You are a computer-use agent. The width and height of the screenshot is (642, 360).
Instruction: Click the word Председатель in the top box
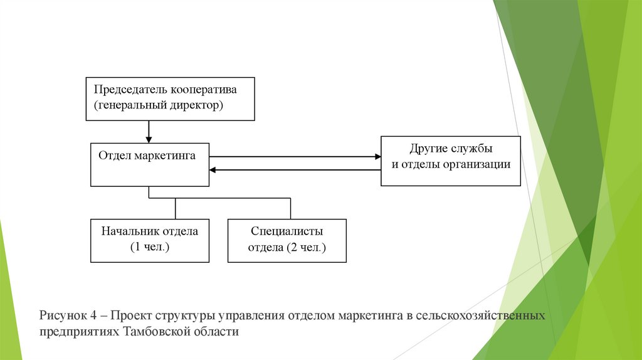tap(126, 89)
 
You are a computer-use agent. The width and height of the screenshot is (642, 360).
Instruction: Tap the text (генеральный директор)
tap(159, 105)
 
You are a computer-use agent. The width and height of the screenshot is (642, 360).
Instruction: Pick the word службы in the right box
tap(471, 149)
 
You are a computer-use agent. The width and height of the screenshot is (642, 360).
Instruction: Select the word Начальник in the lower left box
tap(129, 231)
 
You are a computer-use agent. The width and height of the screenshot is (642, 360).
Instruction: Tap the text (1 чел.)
tap(150, 247)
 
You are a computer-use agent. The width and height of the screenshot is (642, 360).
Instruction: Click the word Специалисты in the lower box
tap(287, 231)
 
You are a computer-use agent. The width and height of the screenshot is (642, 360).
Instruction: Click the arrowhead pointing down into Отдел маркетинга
tap(149, 139)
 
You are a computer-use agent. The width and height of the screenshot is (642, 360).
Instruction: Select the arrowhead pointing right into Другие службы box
tap(377, 156)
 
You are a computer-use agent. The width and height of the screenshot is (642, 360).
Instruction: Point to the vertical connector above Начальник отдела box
tap(176, 209)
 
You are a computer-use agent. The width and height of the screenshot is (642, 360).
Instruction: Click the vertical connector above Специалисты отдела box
tap(290, 209)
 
